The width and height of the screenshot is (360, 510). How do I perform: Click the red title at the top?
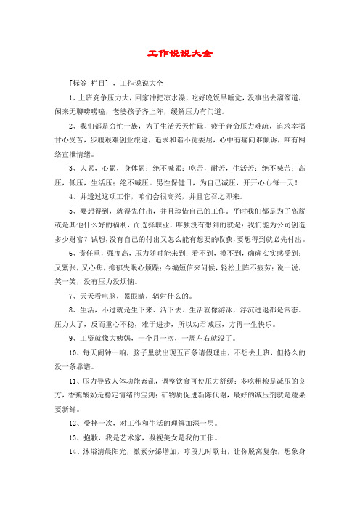(179, 54)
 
